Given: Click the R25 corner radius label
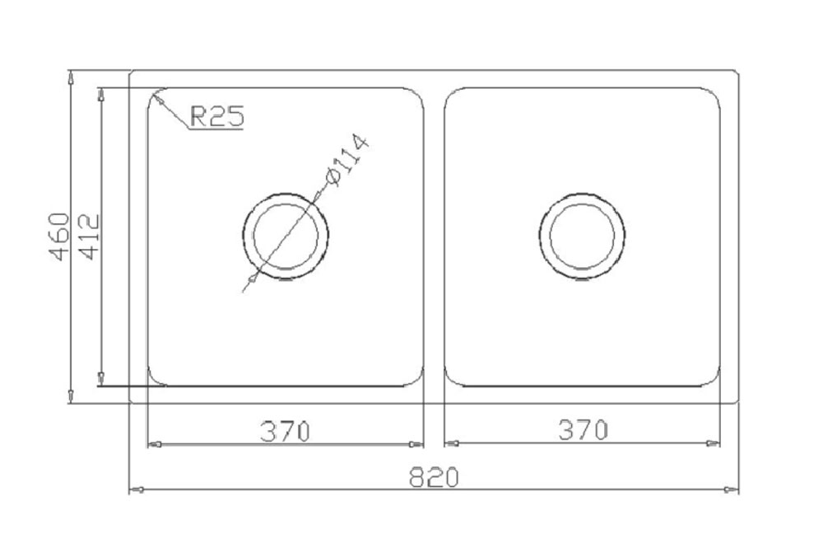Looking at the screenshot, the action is click(x=216, y=116).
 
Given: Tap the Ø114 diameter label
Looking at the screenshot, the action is click(x=347, y=161).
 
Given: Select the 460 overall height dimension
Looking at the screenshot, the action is click(x=58, y=237).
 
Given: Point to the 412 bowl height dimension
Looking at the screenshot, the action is click(x=88, y=237).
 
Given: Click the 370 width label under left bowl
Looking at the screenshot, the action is click(x=285, y=432).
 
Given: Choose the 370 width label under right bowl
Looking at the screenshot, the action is click(x=584, y=430).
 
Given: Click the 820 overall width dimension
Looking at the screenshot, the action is click(x=434, y=477).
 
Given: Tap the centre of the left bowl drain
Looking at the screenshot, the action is click(x=286, y=236).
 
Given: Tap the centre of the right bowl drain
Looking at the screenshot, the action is click(x=582, y=236).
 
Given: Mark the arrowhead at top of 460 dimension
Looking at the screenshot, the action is click(x=70, y=77).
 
